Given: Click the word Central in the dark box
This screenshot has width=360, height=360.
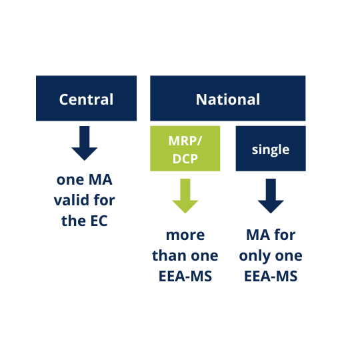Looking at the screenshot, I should (86, 99).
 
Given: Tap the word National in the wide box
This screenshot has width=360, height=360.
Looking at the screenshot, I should (228, 99).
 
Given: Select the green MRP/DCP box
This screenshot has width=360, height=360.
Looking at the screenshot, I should (185, 148).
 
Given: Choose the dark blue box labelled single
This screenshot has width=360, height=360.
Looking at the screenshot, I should (271, 149).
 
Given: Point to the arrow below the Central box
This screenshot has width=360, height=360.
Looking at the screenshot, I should (85, 143).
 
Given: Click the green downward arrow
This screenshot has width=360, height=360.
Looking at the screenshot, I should (185, 195).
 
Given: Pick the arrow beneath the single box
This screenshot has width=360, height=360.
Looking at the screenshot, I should (271, 195).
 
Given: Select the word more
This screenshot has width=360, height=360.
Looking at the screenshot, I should (185, 235).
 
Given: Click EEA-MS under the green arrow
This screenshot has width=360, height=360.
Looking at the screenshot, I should (185, 275).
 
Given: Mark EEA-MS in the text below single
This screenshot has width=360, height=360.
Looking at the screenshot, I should (271, 275).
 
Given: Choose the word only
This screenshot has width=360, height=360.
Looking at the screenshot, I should (257, 255).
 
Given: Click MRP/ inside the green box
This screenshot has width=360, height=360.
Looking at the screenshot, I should (185, 140).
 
